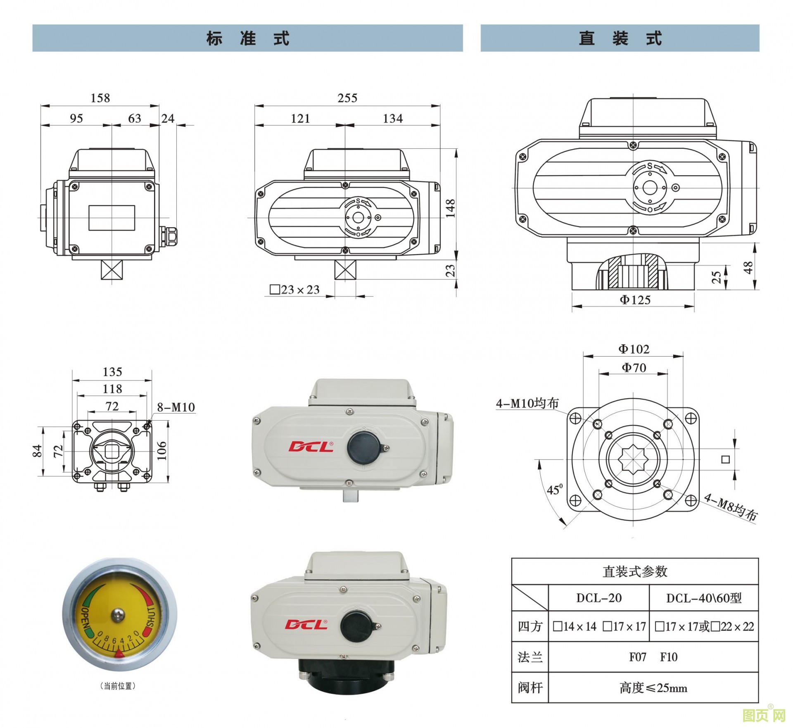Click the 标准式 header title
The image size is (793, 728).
(x=248, y=38)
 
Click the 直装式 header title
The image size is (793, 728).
(x=620, y=38)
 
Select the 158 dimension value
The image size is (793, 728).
(x=100, y=98)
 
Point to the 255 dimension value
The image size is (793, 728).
(x=347, y=98)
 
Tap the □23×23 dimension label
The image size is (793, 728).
(x=295, y=290)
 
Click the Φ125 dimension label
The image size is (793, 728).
(x=635, y=300)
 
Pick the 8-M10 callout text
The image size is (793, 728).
(x=176, y=407)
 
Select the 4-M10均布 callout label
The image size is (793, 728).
(x=527, y=403)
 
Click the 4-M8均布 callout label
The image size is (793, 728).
(x=730, y=507)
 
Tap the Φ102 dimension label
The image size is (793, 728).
(x=634, y=349)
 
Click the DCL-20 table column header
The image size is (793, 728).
(x=599, y=598)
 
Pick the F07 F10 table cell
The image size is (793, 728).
(x=653, y=657)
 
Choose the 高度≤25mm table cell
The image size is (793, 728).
(x=653, y=688)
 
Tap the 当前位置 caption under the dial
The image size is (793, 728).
(x=118, y=686)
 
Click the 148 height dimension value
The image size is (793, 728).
(x=450, y=208)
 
